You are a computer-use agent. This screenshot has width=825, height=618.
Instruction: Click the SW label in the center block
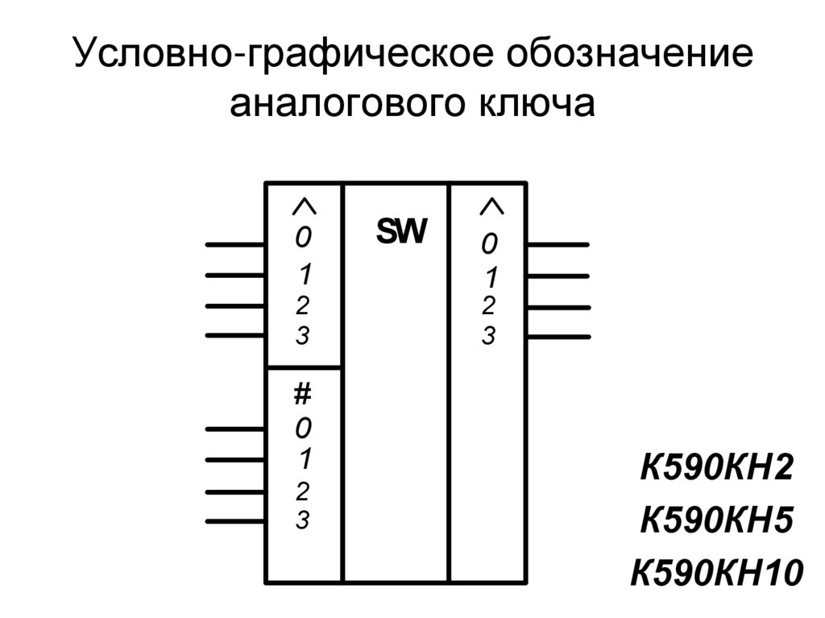pyautogui.click(x=401, y=232)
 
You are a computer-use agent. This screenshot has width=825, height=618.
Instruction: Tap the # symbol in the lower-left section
pyautogui.click(x=302, y=395)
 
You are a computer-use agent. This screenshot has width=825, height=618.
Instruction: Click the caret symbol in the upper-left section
pyautogui.click(x=303, y=207)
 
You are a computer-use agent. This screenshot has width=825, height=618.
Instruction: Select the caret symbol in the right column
pyautogui.click(x=491, y=207)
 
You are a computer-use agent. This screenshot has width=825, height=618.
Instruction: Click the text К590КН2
pyautogui.click(x=716, y=468)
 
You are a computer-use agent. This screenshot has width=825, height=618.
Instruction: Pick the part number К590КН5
pyautogui.click(x=716, y=521)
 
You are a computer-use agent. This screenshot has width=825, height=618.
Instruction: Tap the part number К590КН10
pyautogui.click(x=716, y=574)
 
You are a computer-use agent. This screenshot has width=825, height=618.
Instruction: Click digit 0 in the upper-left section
pyautogui.click(x=302, y=238)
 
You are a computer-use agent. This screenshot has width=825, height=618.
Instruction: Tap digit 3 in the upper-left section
pyautogui.click(x=302, y=335)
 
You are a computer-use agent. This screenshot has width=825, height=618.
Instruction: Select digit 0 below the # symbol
pyautogui.click(x=302, y=425)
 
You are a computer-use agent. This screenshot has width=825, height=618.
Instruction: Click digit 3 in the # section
pyautogui.click(x=302, y=521)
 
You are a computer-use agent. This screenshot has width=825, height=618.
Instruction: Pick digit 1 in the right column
pyautogui.click(x=490, y=278)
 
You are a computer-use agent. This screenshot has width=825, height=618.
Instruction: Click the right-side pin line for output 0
pyautogui.click(x=557, y=244)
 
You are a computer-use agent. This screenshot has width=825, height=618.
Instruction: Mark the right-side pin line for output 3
pyautogui.click(x=557, y=336)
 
